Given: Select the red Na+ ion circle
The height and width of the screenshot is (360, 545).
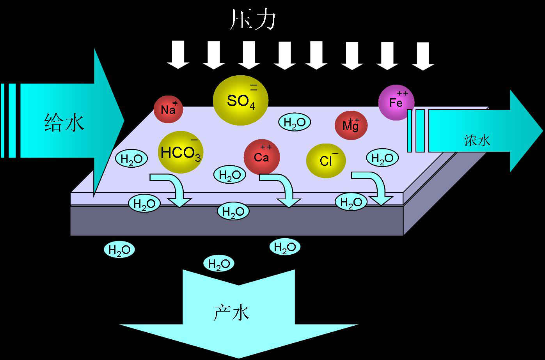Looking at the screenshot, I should (169, 109).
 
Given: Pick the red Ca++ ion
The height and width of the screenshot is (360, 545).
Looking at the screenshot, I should (261, 157).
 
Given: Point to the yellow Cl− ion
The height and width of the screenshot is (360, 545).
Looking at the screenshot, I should (326, 160).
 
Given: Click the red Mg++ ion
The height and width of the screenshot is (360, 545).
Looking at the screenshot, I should (351, 125).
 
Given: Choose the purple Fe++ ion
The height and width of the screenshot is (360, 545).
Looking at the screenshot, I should (396, 102).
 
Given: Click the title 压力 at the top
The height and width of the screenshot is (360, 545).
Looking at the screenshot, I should (253, 20).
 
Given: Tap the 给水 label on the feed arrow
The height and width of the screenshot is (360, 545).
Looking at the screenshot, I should (65, 122).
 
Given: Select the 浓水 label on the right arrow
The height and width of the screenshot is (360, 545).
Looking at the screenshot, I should (477, 140).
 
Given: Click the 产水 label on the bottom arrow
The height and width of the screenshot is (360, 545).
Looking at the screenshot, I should (231, 312).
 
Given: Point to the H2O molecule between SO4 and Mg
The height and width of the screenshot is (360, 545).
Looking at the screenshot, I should (294, 122).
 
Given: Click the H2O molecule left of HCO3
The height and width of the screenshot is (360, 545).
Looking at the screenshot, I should (131, 159).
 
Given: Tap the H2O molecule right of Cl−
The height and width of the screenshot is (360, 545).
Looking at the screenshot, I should (382, 158).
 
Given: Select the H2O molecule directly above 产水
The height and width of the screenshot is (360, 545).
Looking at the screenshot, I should (219, 264).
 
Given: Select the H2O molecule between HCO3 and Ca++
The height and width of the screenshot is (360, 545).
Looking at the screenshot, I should (229, 175).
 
